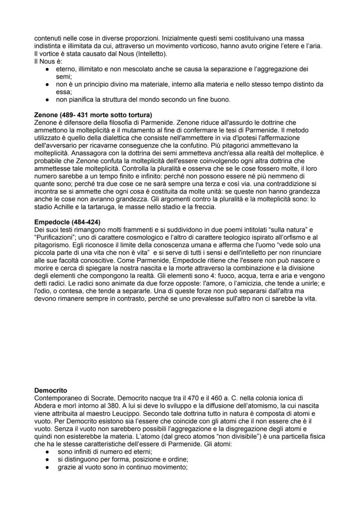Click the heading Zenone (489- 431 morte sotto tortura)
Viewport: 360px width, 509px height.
(93, 115)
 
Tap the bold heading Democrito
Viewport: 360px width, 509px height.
(50, 390)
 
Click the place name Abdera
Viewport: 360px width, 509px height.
(45, 405)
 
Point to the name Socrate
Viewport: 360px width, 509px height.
(101, 398)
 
